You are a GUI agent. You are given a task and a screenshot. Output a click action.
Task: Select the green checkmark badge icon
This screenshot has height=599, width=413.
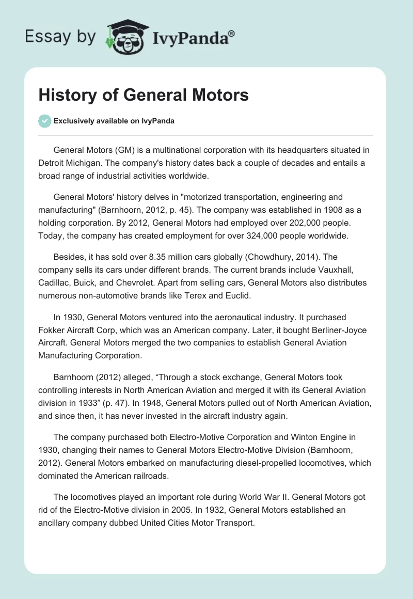click(44, 121)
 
